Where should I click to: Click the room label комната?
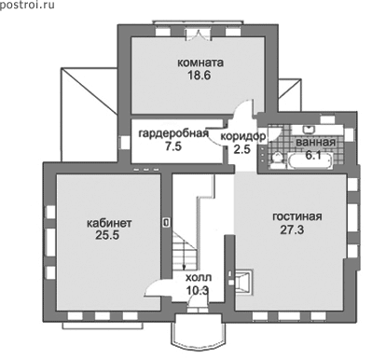click(200, 62)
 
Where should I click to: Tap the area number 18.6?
click(199, 76)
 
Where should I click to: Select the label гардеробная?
click(173, 133)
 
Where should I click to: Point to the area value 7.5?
click(173, 146)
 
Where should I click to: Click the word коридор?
click(243, 136)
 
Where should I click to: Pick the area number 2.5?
click(241, 149)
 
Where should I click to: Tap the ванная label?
click(315, 143)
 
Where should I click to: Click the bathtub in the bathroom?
click(310, 160)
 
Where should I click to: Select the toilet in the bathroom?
click(276, 160)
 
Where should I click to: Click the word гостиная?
click(297, 216)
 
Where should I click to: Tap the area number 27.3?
click(292, 230)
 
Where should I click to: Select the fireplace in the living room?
click(244, 282)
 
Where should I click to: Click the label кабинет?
click(109, 223)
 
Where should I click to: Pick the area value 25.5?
click(107, 235)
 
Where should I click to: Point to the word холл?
click(199, 277)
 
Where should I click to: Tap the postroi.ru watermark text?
click(27, 5)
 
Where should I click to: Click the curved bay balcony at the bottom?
click(199, 333)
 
